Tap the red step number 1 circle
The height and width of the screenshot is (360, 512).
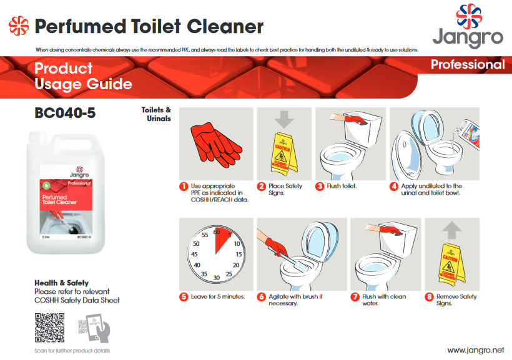pos(184,186)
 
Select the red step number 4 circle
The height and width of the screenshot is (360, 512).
pos(394,186)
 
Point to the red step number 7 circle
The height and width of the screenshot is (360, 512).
pos(355,297)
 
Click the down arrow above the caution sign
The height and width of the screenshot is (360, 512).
pos(283,119)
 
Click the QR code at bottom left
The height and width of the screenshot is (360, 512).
pos(49,328)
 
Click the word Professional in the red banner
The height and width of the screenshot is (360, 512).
pos(468,65)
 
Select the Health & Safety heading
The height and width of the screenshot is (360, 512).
pos(61,283)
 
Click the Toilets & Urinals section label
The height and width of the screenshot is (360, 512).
pos(156,114)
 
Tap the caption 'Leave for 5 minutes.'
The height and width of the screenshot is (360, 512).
pos(218,297)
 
